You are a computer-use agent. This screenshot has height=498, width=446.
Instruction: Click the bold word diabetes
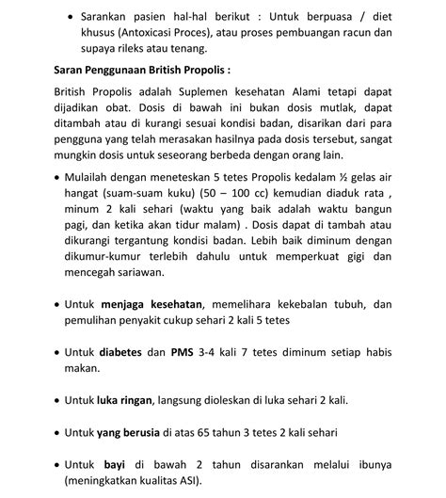[119, 352]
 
